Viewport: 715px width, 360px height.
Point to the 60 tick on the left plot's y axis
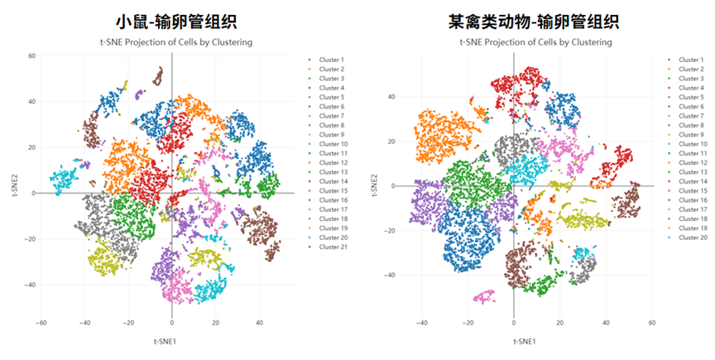click(x=31, y=55)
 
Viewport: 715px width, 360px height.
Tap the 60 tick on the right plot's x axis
click(x=652, y=323)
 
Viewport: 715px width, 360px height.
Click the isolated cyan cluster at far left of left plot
click(x=63, y=177)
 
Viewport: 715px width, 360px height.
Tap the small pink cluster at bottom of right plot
click(x=483, y=295)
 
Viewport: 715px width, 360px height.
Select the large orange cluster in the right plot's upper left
click(x=442, y=135)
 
